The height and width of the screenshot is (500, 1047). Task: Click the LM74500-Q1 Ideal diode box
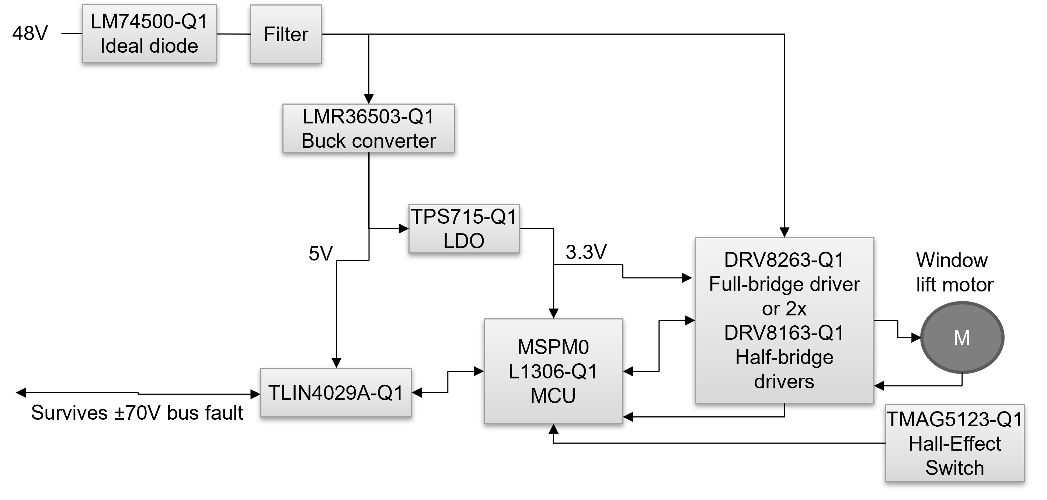pos(149,33)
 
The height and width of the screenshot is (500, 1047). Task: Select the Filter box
pos(286,34)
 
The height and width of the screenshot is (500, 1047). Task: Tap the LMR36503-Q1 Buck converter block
pos(369,128)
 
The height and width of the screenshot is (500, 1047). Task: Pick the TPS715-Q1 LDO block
pos(464,229)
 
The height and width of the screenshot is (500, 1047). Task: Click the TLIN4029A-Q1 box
pos(336,392)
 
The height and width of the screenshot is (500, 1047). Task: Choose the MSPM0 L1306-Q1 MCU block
pos(553,371)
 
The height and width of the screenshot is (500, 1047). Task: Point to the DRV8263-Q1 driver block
pos(785,321)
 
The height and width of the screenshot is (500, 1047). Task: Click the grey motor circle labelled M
pos(962,338)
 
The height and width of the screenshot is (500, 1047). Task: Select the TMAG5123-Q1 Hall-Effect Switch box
pos(955,444)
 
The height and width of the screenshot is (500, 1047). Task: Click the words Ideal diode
pos(149,46)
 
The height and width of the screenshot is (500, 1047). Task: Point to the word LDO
pos(464,241)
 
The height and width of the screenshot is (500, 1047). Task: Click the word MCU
pos(553,396)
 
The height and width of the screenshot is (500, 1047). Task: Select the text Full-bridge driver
pos(785,284)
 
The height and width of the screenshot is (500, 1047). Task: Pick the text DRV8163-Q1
pos(785,333)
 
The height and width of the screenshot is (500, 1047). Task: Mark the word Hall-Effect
pos(955,444)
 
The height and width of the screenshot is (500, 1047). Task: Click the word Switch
pos(955,468)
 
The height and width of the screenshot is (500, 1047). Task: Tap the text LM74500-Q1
pos(149,21)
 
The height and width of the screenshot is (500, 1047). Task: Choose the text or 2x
pos(785,309)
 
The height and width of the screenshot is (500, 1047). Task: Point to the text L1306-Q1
pos(553,371)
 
